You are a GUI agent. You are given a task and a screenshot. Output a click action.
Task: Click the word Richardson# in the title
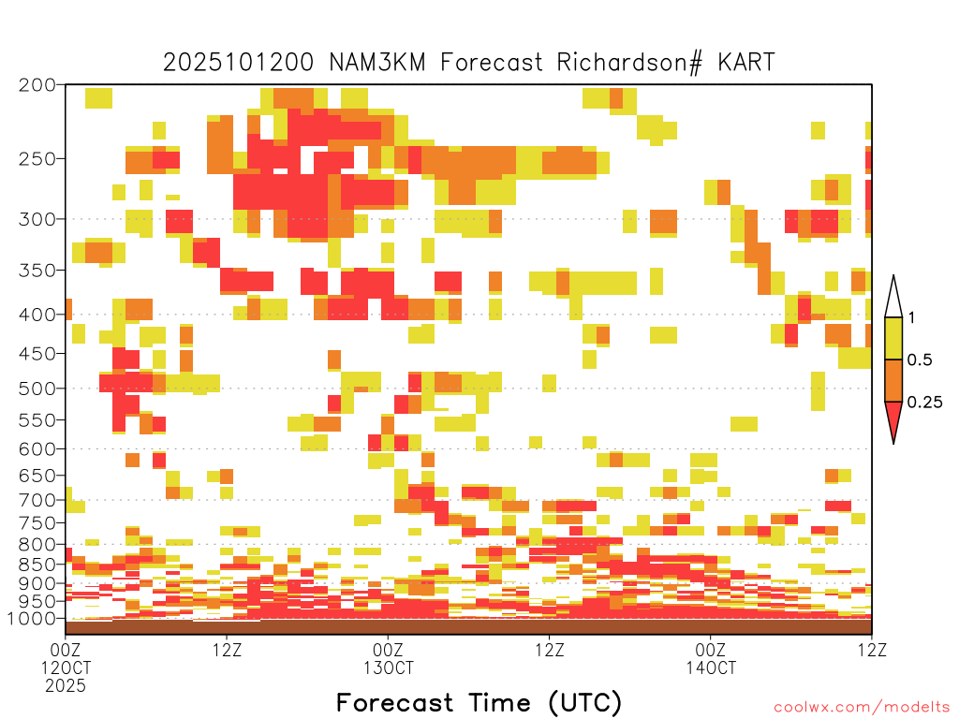click(629, 63)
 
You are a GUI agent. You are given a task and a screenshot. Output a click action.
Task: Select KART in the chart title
click(746, 63)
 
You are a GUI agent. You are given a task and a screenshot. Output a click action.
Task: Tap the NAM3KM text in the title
click(376, 63)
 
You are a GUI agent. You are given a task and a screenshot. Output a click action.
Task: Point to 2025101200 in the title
click(239, 63)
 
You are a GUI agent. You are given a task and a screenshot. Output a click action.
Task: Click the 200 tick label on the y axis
click(37, 85)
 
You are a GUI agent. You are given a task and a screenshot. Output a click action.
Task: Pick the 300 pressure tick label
click(37, 219)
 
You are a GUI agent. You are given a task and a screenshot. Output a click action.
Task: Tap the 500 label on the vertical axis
click(37, 389)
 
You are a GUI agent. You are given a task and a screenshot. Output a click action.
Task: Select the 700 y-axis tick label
click(37, 500)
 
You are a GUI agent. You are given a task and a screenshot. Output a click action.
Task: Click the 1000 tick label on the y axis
click(32, 619)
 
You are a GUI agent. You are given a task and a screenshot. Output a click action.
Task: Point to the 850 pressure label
click(37, 565)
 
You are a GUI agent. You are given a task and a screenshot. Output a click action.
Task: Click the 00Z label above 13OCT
click(389, 650)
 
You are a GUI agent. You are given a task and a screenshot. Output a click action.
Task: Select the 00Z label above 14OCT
click(711, 650)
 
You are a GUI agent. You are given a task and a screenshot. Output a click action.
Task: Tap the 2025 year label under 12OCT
click(66, 685)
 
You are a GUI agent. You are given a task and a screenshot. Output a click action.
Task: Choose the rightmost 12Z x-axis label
click(872, 650)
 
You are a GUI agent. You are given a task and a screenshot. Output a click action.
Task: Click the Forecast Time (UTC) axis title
click(479, 702)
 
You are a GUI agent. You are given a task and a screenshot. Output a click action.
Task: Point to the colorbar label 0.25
click(924, 402)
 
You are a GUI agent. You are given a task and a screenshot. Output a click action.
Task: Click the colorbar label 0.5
click(920, 359)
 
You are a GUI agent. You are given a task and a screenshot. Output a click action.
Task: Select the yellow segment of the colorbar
click(893, 338)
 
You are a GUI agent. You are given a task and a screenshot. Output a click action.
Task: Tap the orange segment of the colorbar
click(893, 380)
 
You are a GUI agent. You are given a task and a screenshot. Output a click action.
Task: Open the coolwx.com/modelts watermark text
click(863, 708)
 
